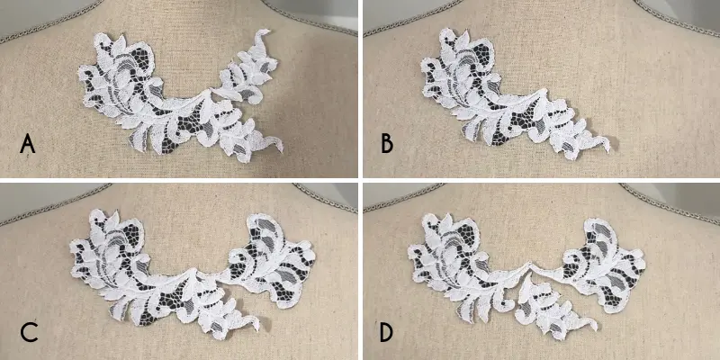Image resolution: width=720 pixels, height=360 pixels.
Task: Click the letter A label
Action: (28, 145)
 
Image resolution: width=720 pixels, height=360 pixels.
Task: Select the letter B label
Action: (387, 145)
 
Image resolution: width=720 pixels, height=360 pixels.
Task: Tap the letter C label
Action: (29, 333)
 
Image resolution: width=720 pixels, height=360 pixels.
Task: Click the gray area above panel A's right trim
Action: (321, 8)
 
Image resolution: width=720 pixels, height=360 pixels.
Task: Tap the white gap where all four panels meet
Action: (361, 181)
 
